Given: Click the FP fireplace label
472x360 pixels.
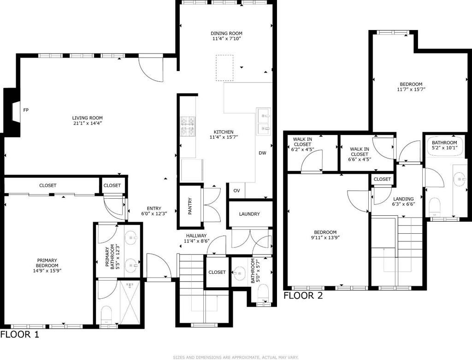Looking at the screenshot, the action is (x=26, y=110).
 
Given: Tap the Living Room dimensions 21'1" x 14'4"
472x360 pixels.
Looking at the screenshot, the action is (x=87, y=123).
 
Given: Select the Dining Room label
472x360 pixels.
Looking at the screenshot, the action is (x=226, y=33).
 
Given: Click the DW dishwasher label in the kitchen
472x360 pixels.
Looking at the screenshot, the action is (x=262, y=153).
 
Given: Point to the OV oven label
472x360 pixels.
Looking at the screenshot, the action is (x=237, y=190).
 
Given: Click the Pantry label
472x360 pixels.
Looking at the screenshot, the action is (x=190, y=206).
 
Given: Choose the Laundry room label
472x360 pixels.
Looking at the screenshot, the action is (x=249, y=214).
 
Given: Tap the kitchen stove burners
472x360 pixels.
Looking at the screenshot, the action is (x=188, y=126).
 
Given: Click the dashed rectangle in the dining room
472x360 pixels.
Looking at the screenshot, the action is (x=224, y=68).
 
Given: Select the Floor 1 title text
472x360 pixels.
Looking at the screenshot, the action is (x=20, y=334).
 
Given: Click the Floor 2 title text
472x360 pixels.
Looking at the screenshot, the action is (x=303, y=295).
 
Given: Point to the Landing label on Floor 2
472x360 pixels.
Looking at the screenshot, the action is (x=403, y=199).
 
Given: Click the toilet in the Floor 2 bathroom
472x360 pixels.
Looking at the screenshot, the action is (x=435, y=207).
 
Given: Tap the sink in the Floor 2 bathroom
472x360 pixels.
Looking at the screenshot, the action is (x=460, y=180).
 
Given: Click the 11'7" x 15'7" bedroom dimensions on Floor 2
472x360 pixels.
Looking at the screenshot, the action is (x=411, y=89).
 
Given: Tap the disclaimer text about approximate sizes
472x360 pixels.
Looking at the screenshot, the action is (x=236, y=357).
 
